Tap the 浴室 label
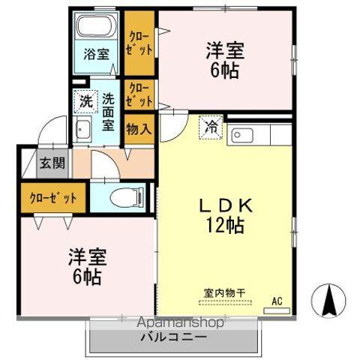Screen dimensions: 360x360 click(95, 55)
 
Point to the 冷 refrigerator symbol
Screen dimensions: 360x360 click(212, 127)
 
